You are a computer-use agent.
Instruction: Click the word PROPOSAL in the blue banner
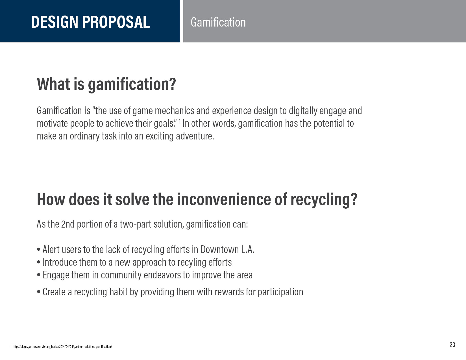[116, 22]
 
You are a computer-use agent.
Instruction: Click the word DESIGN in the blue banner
[55, 22]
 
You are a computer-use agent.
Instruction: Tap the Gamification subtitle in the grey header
[218, 22]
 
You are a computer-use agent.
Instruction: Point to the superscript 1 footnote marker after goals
[180, 121]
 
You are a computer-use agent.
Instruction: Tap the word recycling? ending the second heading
[324, 200]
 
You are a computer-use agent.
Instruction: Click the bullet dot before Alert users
[39, 250]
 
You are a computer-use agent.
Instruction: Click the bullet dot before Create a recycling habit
[39, 292]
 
